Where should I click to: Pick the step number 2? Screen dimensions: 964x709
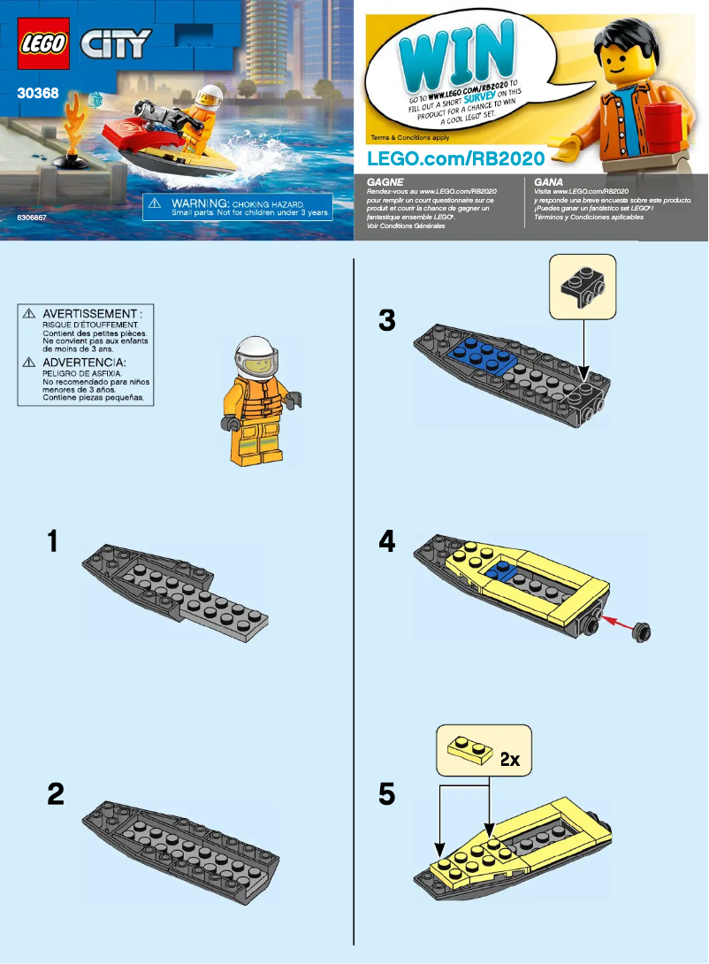(55, 794)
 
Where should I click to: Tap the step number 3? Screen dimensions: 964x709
(386, 320)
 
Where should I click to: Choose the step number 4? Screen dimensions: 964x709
(386, 541)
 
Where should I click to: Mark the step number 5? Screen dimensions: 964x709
(386, 794)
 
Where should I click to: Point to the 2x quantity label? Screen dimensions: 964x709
(510, 759)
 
